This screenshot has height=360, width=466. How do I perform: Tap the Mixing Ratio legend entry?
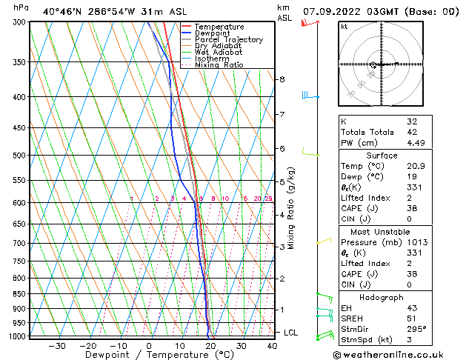[x=219, y=64]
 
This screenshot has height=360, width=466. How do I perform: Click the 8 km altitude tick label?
[x=282, y=79]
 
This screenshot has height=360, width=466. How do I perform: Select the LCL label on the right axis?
[x=290, y=333]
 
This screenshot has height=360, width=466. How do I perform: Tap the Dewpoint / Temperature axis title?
[x=149, y=355]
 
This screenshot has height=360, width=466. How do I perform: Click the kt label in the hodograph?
[x=344, y=27]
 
